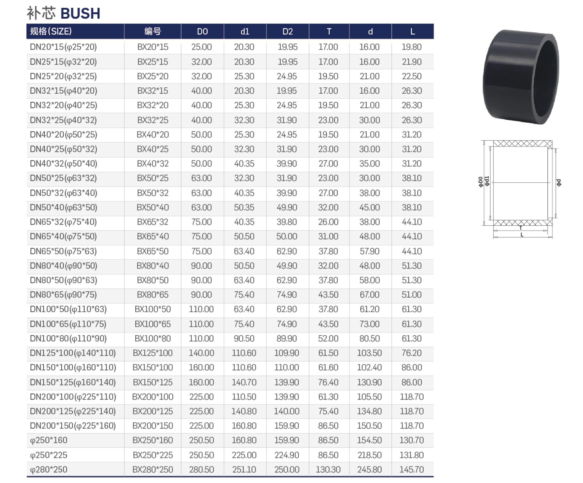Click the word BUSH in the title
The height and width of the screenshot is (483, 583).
80,14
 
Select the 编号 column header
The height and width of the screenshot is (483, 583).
153,31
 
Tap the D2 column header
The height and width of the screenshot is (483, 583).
287,32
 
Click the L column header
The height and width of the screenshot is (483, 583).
412,32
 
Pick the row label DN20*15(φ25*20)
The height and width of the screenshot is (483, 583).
63,47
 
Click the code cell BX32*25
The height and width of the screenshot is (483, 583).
153,120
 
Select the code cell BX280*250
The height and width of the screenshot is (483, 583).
153,469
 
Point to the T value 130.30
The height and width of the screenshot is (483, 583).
328,469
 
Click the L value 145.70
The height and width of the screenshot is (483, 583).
412,469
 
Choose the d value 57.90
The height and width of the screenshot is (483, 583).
370,251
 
